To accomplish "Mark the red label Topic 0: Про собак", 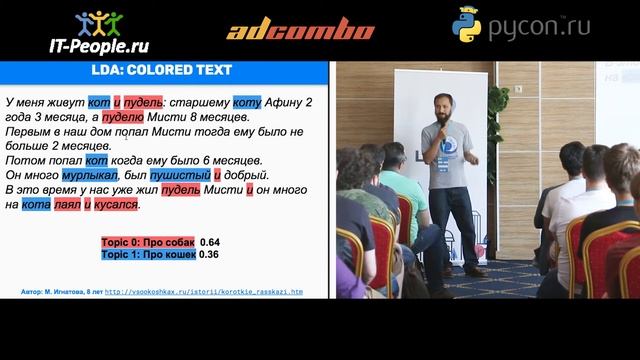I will click(x=147, y=243).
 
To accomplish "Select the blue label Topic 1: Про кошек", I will click(x=147, y=255).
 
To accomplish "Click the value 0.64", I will click(x=210, y=243).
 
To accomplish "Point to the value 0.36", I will click(x=210, y=255).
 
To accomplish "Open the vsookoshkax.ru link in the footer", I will click(x=204, y=292).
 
